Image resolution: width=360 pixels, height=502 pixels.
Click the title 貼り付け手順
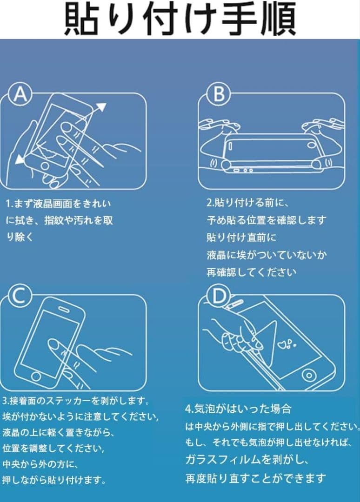(x=180, y=20)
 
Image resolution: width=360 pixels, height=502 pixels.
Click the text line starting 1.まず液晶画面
(x=59, y=204)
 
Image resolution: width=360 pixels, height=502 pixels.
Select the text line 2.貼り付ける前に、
(x=248, y=203)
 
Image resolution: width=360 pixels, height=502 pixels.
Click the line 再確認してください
(x=251, y=272)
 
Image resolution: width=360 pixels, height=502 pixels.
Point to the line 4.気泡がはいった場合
(x=238, y=409)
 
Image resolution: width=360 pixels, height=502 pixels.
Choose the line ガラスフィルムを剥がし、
(x=247, y=460)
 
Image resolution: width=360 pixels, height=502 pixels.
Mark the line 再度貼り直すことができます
(x=255, y=478)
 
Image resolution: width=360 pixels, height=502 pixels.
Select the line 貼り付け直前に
(x=241, y=238)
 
